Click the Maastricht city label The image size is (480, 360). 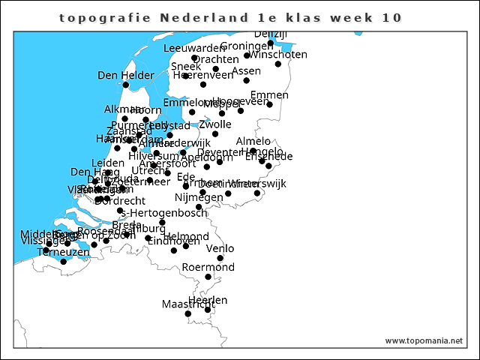pyautogui.click(x=183, y=304)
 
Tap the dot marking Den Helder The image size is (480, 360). pyautogui.click(x=126, y=85)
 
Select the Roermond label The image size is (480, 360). pyautogui.click(x=208, y=267)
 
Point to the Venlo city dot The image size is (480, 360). pyautogui.click(x=220, y=258)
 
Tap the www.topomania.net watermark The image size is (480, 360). pyautogui.click(x=424, y=340)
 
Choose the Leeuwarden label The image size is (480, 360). pyautogui.click(x=193, y=48)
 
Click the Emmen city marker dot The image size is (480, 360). pyautogui.click(x=269, y=104)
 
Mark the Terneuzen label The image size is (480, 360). pyautogui.click(x=63, y=253)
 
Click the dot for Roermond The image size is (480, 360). pyautogui.click(x=208, y=277)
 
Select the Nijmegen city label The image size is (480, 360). pyautogui.click(x=193, y=197)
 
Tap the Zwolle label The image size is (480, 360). pyautogui.click(x=214, y=124)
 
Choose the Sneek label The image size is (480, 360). pyautogui.click(x=185, y=66)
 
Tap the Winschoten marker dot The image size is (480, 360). pyautogui.click(x=277, y=64)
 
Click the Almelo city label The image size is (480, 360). pyautogui.click(x=253, y=141)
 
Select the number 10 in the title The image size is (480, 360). pyautogui.click(x=391, y=18)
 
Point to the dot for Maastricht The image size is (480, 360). pyautogui.click(x=188, y=313)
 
